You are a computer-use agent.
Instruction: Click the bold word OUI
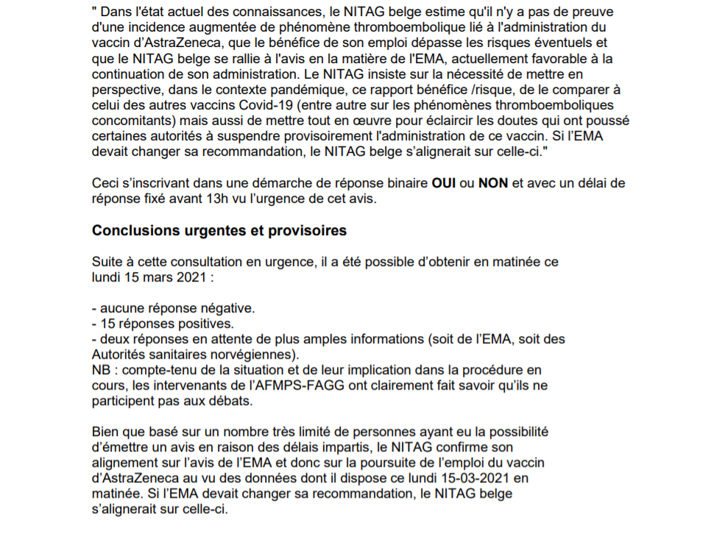[445, 183]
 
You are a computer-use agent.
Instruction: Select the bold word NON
[493, 183]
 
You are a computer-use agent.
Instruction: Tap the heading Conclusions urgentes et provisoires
[219, 230]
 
